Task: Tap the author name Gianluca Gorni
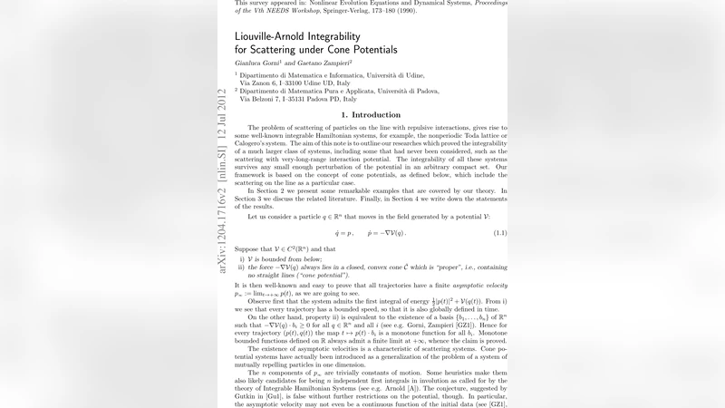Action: click(x=251, y=65)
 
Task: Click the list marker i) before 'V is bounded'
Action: click(x=240, y=258)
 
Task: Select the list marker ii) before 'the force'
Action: click(x=241, y=267)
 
